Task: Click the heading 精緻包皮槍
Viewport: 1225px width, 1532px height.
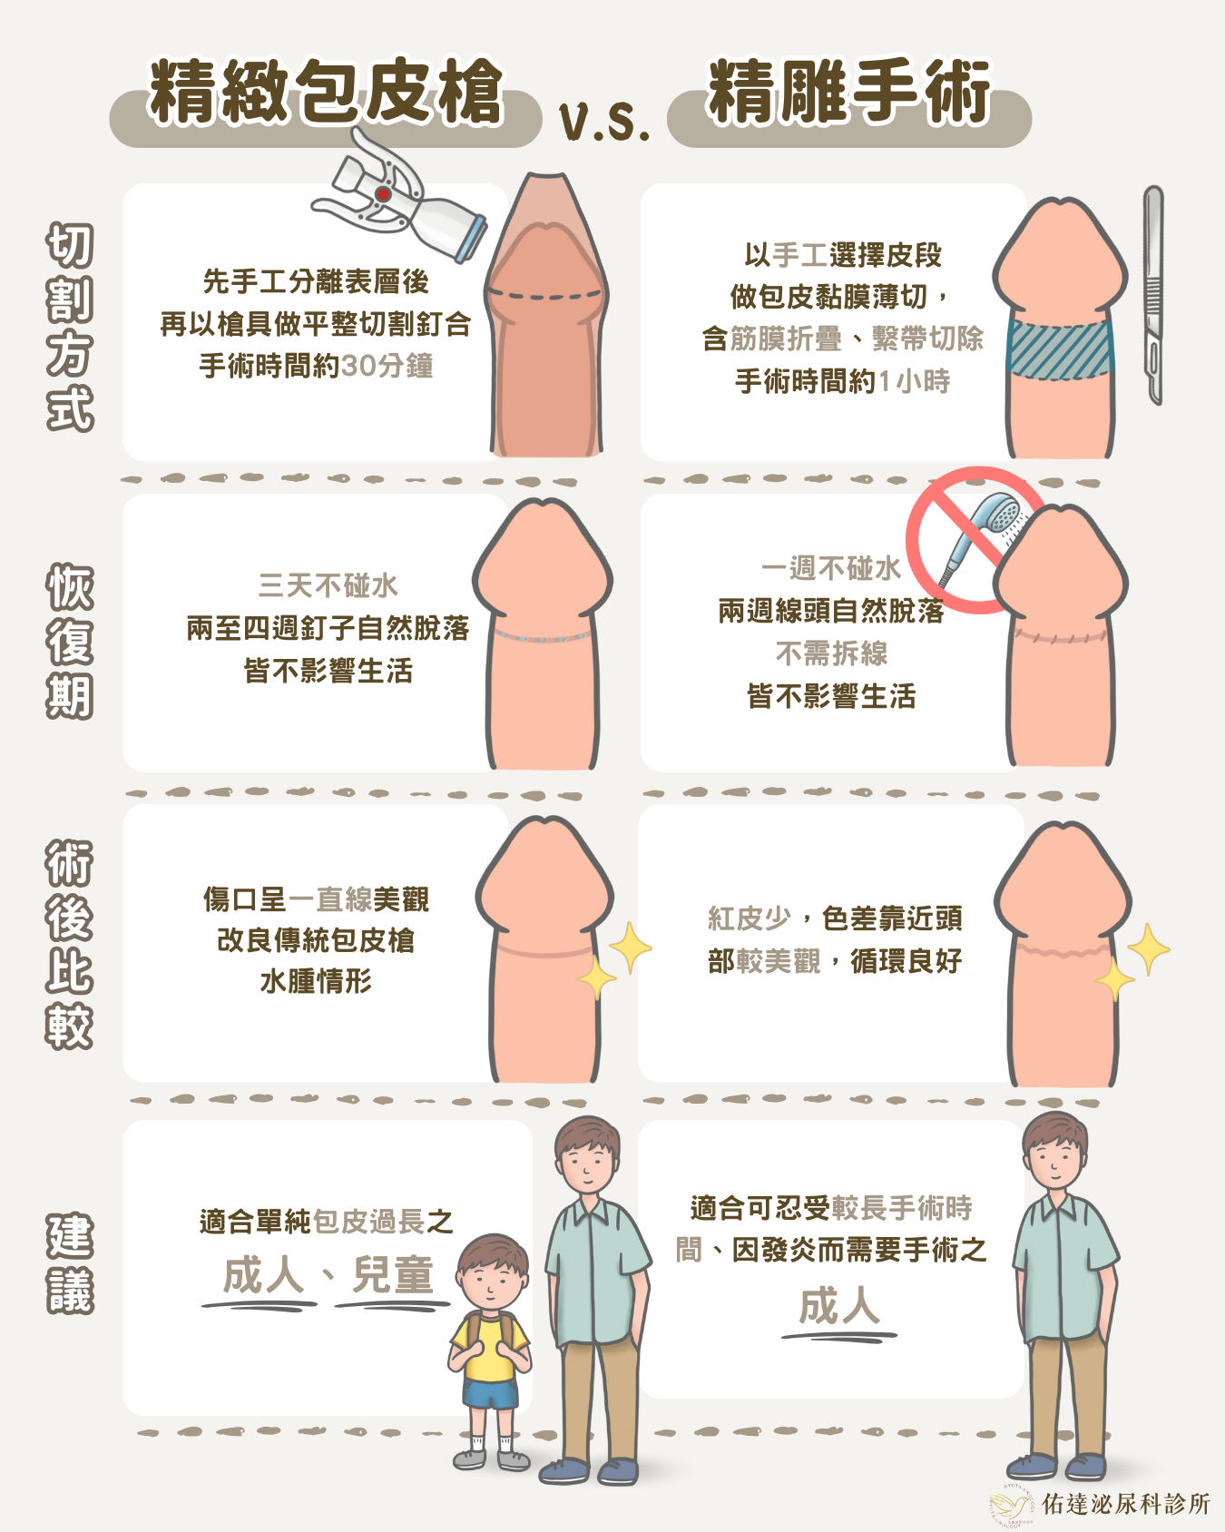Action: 326,92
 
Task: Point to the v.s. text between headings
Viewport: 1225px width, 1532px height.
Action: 605,123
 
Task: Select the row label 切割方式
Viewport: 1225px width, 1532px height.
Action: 70,326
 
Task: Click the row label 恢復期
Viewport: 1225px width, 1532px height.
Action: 70,641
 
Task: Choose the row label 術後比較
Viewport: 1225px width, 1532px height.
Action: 70,945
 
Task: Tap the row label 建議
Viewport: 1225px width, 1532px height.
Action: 70,1262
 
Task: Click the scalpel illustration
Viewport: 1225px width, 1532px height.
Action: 1152,295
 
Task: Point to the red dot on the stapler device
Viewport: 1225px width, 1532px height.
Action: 383,194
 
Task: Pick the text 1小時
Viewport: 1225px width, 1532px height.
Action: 914,381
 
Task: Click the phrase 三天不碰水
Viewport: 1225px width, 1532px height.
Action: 328,585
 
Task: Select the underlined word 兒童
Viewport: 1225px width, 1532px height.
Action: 392,1275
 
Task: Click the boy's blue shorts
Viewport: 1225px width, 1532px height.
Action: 491,1394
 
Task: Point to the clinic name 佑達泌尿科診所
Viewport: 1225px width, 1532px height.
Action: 1125,1504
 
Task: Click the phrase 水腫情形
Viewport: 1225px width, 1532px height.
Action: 316,981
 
